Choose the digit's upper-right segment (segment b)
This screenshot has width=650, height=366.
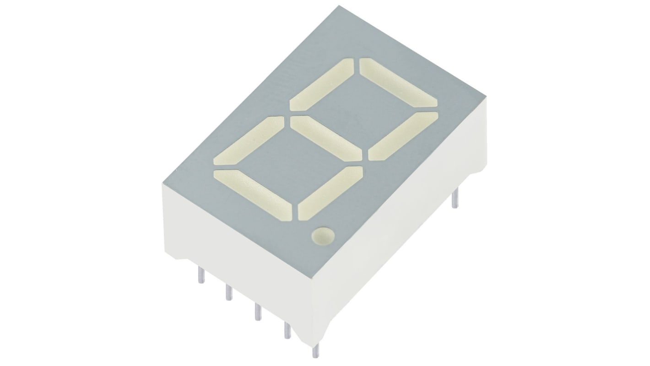(403, 136)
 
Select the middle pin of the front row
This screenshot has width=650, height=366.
(258, 312)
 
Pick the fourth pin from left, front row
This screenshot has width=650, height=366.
(287, 330)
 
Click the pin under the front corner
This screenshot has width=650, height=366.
(315, 351)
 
